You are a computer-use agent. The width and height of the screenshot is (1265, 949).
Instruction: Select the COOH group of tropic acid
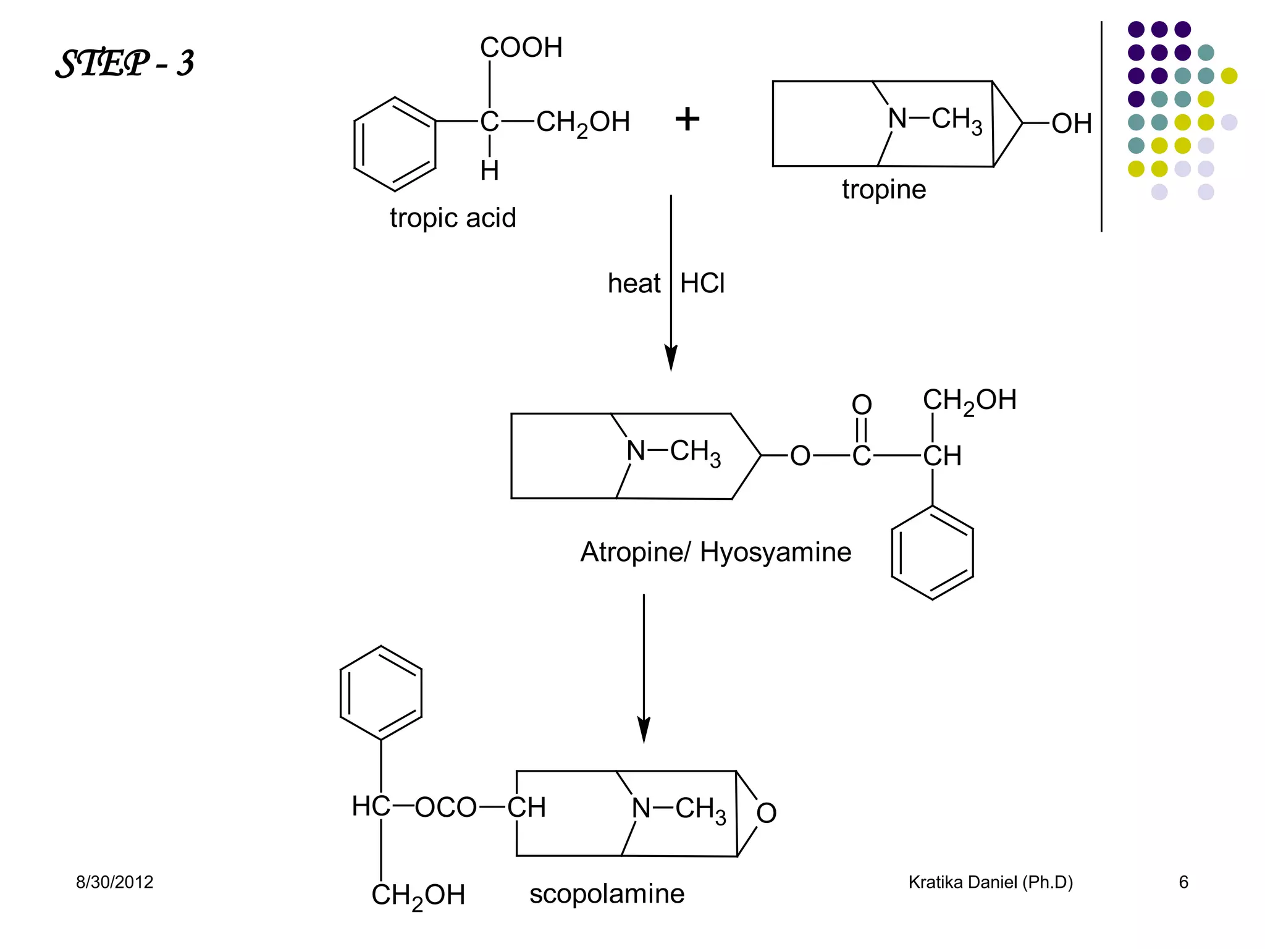coord(521,48)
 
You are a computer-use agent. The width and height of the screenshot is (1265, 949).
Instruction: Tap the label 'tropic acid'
coord(452,218)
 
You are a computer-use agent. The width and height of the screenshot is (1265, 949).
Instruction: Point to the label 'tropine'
coord(883,190)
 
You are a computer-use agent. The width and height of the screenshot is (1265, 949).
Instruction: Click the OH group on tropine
coord(1071,124)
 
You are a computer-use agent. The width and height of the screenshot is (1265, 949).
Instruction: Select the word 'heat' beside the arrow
coord(634,284)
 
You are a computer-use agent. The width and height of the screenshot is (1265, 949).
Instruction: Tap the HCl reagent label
coord(702,284)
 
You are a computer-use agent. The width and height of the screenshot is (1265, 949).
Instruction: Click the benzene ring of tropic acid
coord(395,144)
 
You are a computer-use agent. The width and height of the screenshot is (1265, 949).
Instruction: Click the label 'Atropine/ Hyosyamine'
coord(715,552)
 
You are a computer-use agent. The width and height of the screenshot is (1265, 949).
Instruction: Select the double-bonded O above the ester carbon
coord(862,405)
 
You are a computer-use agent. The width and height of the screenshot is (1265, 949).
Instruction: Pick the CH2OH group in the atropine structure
coord(969,401)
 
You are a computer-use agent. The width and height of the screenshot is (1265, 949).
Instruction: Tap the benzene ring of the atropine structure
coord(932,552)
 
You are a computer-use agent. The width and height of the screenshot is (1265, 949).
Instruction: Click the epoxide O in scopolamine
coord(766,813)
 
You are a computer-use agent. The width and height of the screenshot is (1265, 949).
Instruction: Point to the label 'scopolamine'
coord(607,894)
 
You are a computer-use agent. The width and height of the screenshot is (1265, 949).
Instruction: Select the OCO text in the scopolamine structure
coord(445,808)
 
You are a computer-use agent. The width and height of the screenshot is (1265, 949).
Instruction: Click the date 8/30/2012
coord(114,882)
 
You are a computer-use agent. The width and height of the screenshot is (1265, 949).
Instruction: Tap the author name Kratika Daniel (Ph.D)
coord(990,882)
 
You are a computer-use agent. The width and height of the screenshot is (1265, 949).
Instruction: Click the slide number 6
coord(1183,882)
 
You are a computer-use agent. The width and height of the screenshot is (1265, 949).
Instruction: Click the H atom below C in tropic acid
coord(489,171)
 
